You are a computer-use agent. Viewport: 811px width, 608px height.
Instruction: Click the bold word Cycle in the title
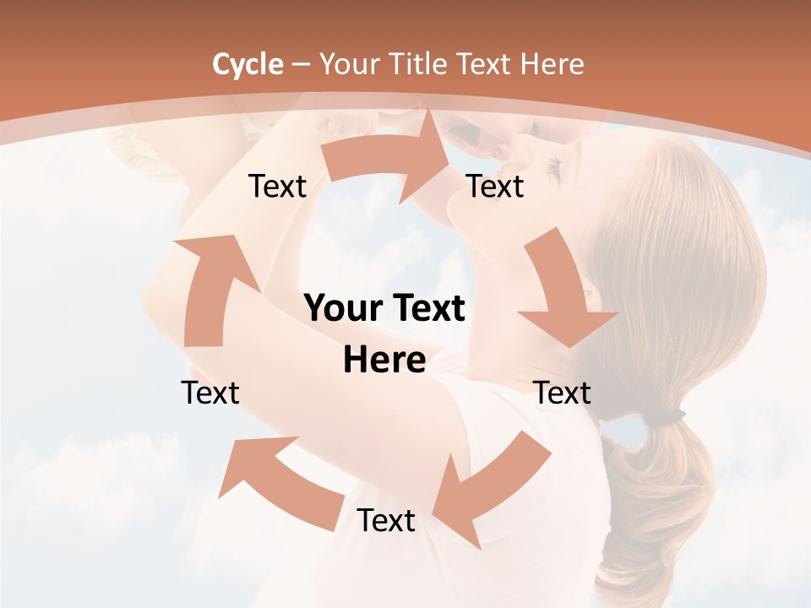(x=248, y=64)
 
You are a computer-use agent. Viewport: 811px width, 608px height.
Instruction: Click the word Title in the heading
(x=422, y=64)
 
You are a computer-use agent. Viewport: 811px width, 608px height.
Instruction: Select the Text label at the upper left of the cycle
(x=277, y=186)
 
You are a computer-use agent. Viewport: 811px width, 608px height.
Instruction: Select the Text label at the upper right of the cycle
(x=495, y=186)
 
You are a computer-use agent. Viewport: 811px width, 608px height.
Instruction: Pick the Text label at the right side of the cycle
(x=563, y=393)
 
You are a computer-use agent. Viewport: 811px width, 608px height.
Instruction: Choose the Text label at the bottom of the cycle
(x=386, y=520)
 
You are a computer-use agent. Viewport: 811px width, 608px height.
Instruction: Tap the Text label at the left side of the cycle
(x=210, y=393)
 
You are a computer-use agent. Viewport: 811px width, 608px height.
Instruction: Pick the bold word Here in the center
(x=384, y=361)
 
